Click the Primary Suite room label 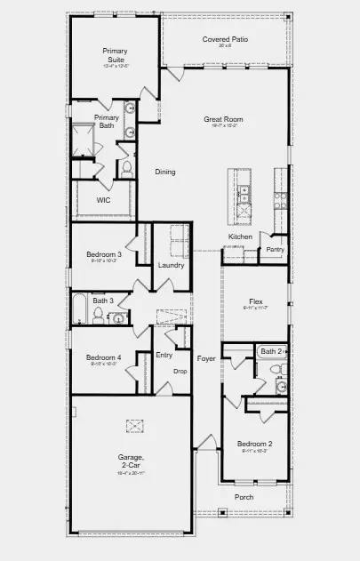pos(115,55)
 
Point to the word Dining pos(164,172)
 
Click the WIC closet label pos(104,200)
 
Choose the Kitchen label pos(240,236)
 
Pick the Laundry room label pos(171,265)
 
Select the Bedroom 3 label pos(104,255)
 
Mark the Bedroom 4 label pos(104,358)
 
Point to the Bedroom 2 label pos(254,443)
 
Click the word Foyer pos(206,358)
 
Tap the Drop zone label pos(180,371)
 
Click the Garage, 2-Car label pos(132,460)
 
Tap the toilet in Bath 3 pos(98,312)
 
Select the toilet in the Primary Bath pos(126,166)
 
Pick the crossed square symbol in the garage pos(133,425)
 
